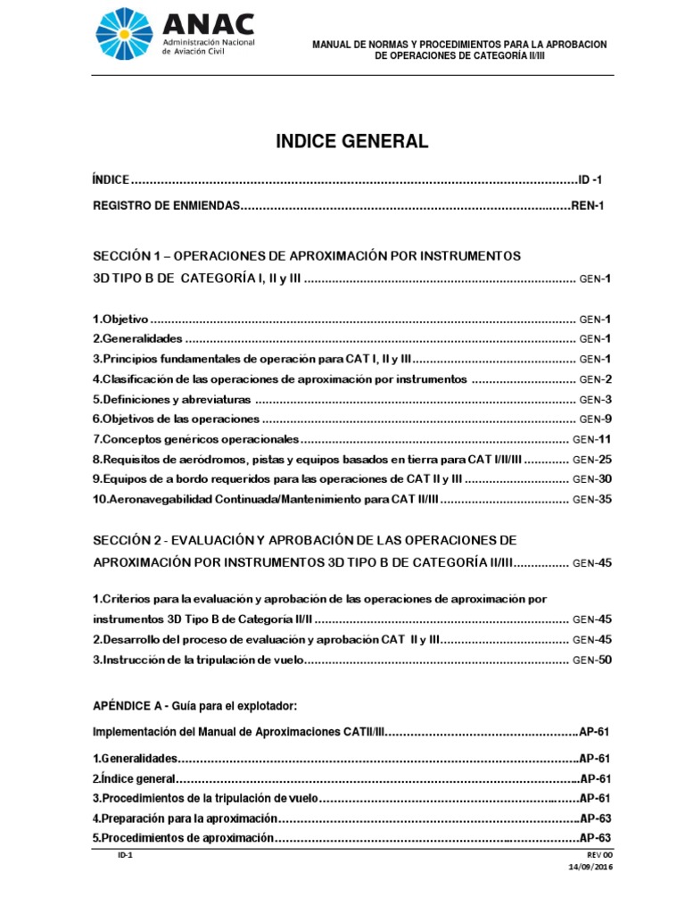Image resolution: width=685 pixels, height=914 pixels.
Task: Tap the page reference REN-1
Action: click(x=589, y=205)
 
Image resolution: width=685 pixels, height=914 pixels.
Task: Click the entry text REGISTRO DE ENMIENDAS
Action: click(x=167, y=205)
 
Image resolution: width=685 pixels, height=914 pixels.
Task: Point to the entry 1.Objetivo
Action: click(x=120, y=319)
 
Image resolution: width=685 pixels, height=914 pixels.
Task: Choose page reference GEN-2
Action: click(x=595, y=378)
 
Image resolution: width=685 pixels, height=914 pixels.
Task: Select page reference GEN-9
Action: click(x=595, y=419)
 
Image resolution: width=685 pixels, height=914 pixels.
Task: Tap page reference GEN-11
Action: click(x=592, y=439)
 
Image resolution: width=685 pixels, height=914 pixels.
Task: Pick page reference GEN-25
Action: click(x=592, y=459)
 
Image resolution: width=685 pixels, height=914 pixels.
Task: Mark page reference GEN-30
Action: click(x=592, y=478)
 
